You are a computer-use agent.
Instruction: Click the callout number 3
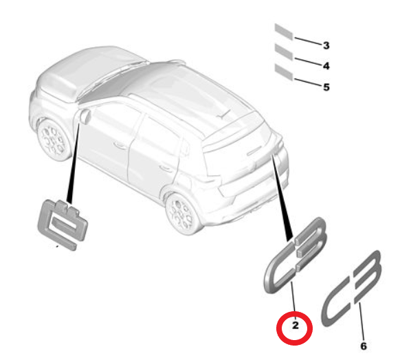pyautogui.click(x=326, y=45)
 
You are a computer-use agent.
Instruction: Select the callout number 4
pyautogui.click(x=326, y=66)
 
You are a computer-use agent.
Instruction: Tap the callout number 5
pyautogui.click(x=326, y=87)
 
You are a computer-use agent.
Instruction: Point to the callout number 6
pyautogui.click(x=364, y=346)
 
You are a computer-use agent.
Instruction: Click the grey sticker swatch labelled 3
pyautogui.click(x=283, y=30)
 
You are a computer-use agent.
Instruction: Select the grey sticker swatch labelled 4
pyautogui.click(x=283, y=51)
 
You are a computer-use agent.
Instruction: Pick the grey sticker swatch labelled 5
pyautogui.click(x=283, y=71)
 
